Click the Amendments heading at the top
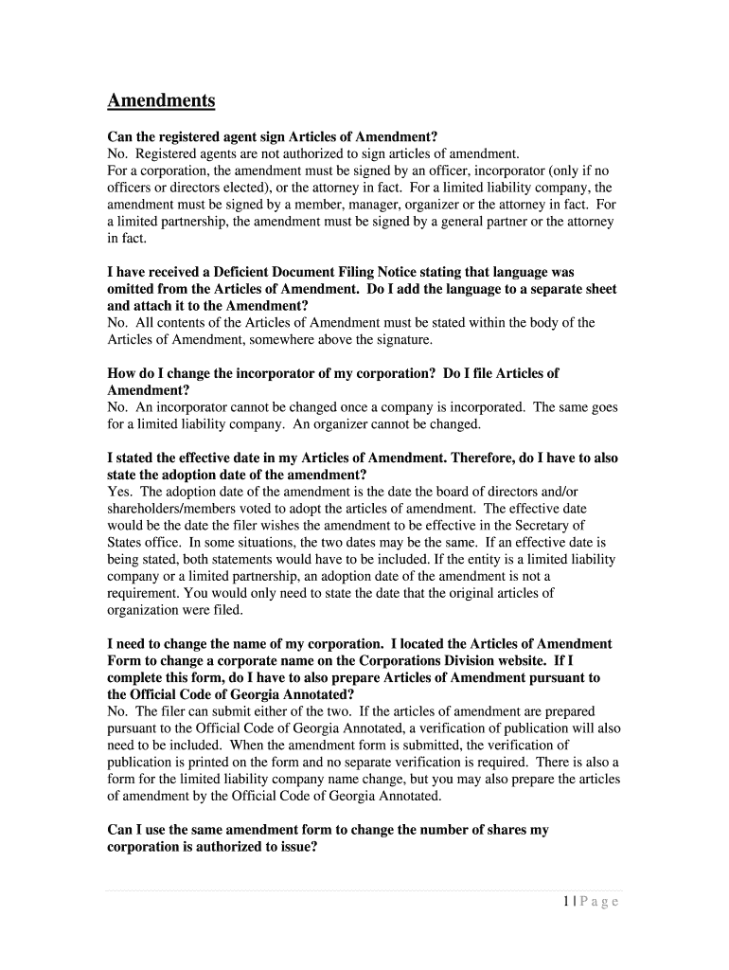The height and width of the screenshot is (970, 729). [x=161, y=100]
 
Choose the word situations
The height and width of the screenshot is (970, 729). [x=260, y=542]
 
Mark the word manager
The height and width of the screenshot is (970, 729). [x=354, y=205]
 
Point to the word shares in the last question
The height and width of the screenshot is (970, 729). [x=491, y=830]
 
